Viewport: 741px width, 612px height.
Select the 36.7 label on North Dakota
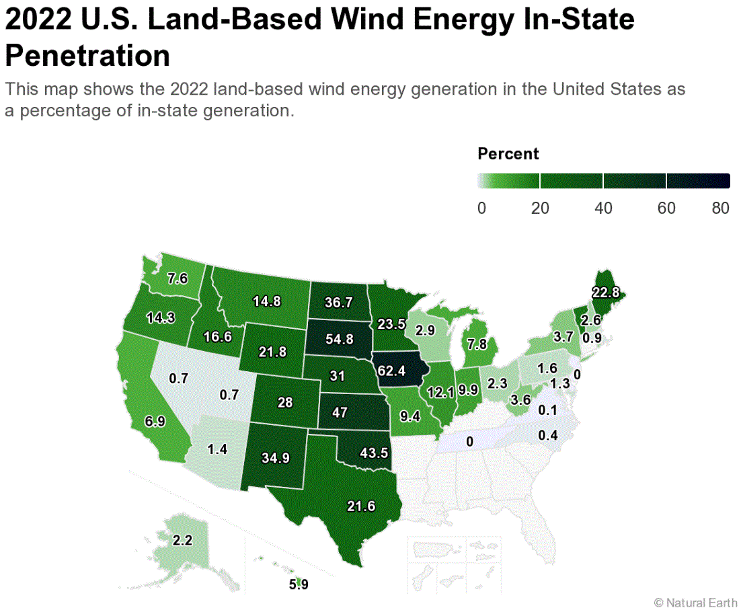coord(339,303)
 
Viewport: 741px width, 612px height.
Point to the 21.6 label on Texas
coord(361,506)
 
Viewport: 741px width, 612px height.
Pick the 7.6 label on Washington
coord(177,278)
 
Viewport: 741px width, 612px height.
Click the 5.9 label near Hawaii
coord(299,584)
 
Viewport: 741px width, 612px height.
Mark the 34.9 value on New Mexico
coord(276,459)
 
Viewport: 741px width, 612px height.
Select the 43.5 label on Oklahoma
coord(375,453)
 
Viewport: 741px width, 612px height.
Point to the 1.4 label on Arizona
coord(218,449)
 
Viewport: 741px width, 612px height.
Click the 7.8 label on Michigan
coord(477,344)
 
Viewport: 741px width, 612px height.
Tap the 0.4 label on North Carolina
coord(548,436)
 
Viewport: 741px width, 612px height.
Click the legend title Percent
coord(508,153)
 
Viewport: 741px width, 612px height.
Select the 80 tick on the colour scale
coord(720,208)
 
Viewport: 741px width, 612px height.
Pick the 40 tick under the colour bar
coord(603,208)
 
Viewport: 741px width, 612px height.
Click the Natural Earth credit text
coord(695,602)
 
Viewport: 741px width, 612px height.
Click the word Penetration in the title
coord(87,56)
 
